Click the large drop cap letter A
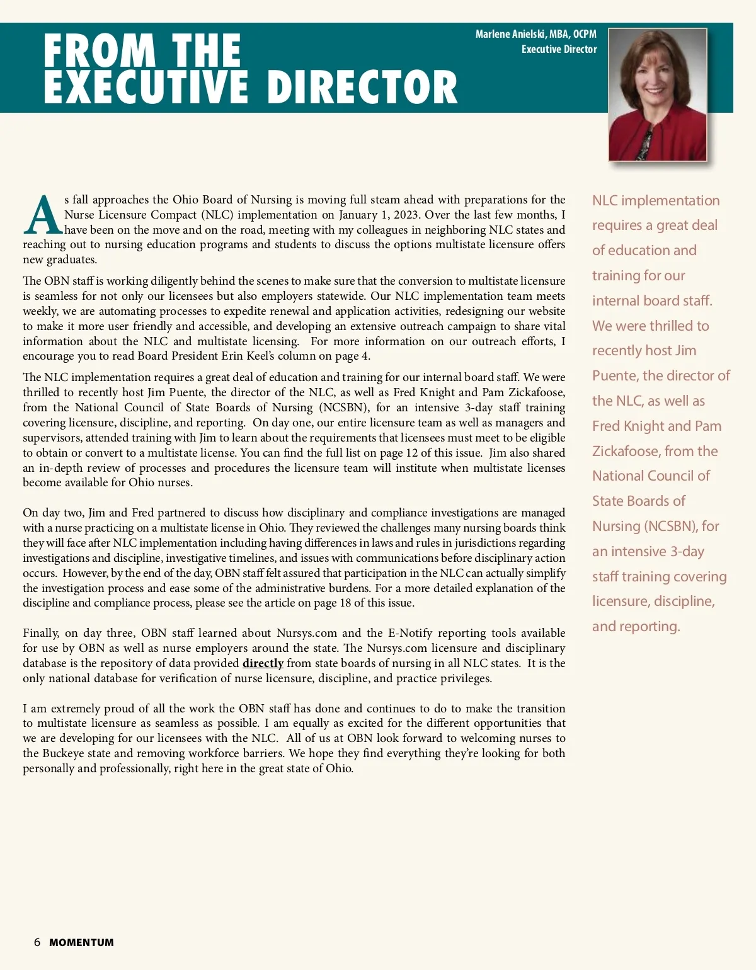[42, 215]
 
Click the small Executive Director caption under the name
[559, 49]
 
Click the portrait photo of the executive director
[657, 94]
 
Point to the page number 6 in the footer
[37, 942]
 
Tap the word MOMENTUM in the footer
[81, 943]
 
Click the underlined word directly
[263, 663]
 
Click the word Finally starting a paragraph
[41, 633]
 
